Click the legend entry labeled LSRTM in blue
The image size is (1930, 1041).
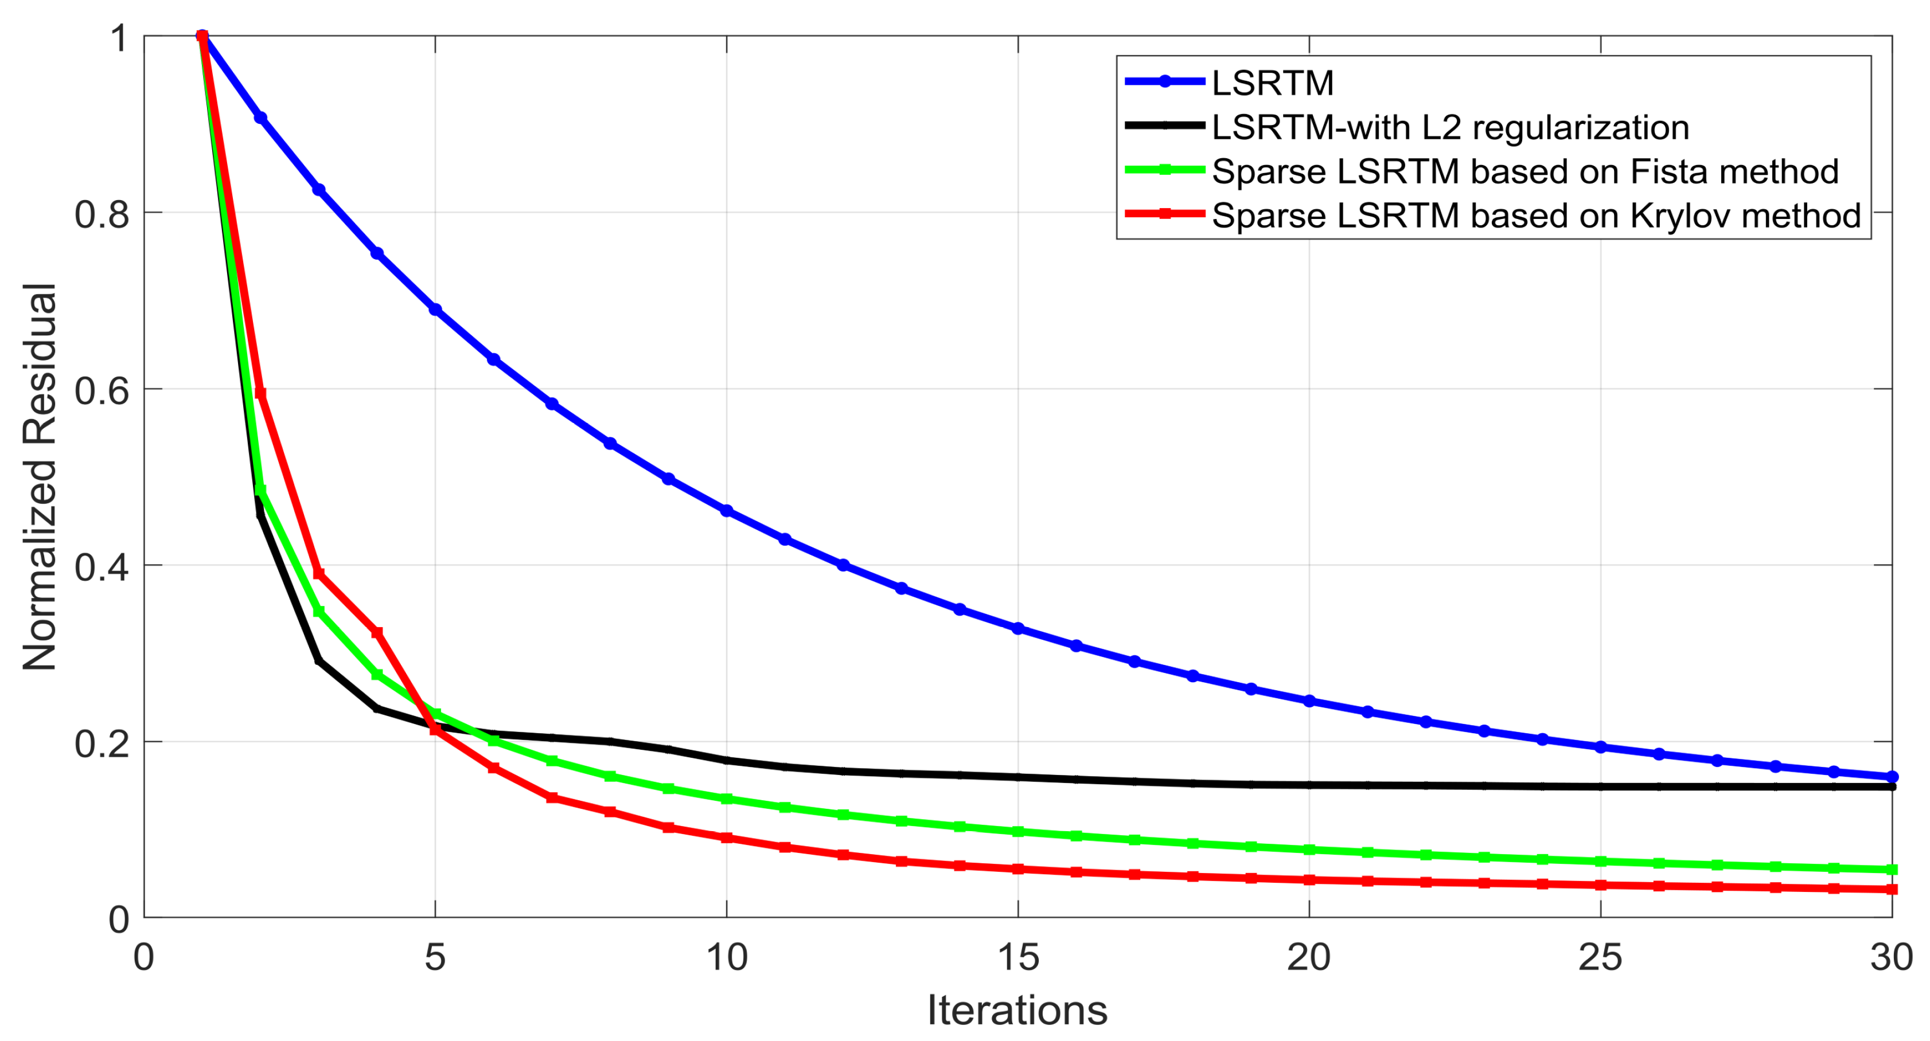tap(1272, 83)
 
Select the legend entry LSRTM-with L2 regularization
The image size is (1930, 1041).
tap(1450, 127)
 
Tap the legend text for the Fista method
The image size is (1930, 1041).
tap(1524, 171)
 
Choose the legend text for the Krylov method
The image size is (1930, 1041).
tap(1536, 216)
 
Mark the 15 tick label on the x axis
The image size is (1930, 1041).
tap(1017, 958)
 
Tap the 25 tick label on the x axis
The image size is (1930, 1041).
tap(1600, 958)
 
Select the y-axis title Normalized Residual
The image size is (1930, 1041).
tap(40, 476)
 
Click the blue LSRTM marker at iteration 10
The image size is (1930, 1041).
tap(727, 511)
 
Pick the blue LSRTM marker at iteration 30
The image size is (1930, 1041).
tap(1892, 777)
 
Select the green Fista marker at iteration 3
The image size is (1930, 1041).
tap(318, 612)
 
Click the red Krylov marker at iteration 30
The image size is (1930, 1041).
tap(1892, 890)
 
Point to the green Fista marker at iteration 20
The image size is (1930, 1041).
tap(1309, 850)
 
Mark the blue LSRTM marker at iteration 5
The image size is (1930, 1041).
tap(435, 310)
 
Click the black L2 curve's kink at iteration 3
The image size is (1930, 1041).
tap(319, 660)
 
